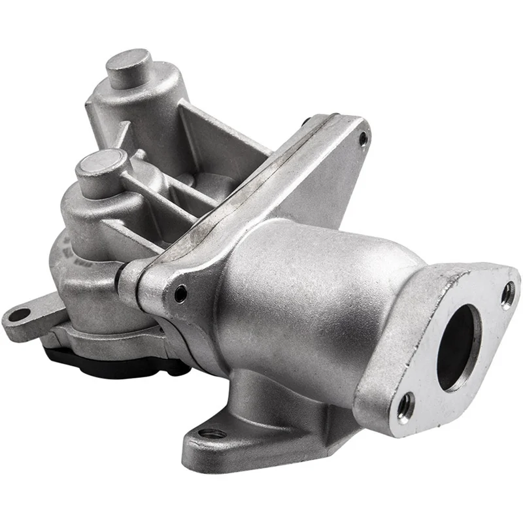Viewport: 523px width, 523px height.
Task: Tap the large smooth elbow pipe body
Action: [x=294, y=288]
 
